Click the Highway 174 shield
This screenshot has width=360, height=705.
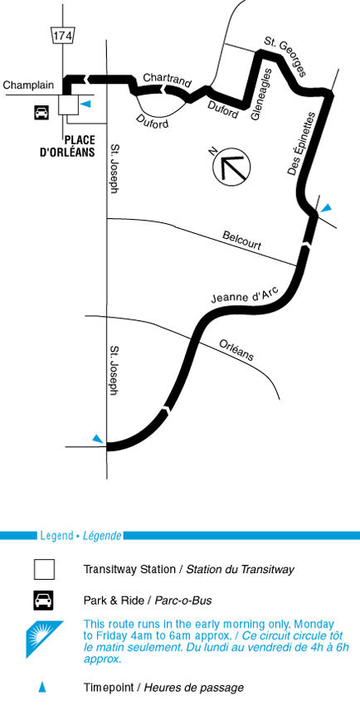[62, 35]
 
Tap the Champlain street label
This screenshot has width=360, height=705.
[28, 85]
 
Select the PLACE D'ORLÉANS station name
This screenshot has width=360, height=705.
[67, 146]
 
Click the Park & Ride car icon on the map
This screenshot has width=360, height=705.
[41, 112]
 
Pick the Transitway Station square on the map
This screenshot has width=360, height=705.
[68, 105]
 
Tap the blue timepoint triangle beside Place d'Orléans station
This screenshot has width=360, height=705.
[85, 105]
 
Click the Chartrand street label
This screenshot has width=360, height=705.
[168, 80]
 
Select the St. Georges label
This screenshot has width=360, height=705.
[285, 57]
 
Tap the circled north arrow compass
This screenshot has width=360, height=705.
[231, 167]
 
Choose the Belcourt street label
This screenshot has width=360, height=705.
[242, 241]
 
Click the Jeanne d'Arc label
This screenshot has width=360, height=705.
[246, 297]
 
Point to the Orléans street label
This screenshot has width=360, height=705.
[236, 350]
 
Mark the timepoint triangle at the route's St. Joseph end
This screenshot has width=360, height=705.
[98, 439]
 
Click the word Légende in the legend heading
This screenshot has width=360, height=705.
[102, 536]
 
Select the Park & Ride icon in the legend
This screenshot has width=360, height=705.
[44, 600]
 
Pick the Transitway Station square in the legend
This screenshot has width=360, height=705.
[44, 569]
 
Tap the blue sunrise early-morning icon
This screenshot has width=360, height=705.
[43, 639]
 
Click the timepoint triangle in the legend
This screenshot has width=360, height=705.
[41, 687]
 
